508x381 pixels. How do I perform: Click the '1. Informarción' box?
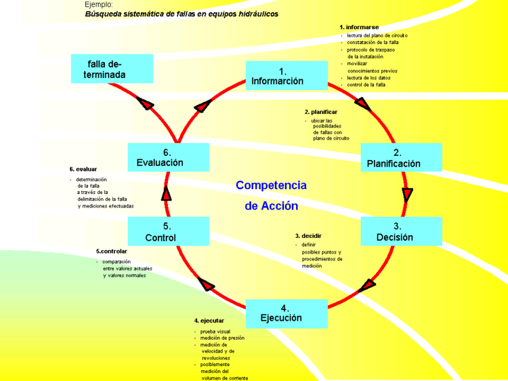pyautogui.click(x=286, y=76)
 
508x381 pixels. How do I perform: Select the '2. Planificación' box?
pyautogui.click(x=401, y=157)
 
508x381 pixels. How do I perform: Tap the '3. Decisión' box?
pyautogui.click(x=401, y=231)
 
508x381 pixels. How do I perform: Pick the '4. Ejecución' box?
pyautogui.click(x=286, y=313)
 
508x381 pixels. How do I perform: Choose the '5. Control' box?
pyautogui.click(x=168, y=231)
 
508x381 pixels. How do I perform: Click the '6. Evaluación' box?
pyautogui.click(x=168, y=157)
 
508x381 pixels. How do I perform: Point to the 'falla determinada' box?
pyautogui.click(x=112, y=68)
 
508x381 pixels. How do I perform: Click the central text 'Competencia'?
pyautogui.click(x=271, y=185)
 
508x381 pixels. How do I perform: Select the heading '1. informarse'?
pyautogui.click(x=359, y=27)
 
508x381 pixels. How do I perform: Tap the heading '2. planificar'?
pyautogui.click(x=321, y=111)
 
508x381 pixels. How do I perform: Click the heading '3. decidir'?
pyautogui.click(x=308, y=236)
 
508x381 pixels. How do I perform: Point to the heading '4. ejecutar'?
pyautogui.click(x=209, y=320)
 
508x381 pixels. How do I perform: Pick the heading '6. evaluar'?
pyautogui.click(x=83, y=169)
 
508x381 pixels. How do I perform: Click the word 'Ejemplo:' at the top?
pyautogui.click(x=99, y=5)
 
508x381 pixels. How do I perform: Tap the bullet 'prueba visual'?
pyautogui.click(x=215, y=331)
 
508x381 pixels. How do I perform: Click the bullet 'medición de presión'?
pyautogui.click(x=222, y=338)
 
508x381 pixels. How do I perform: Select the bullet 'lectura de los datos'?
pyautogui.click(x=368, y=78)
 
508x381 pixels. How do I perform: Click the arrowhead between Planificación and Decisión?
pyautogui.click(x=407, y=195)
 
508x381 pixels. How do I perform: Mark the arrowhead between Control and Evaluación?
pyautogui.click(x=167, y=193)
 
